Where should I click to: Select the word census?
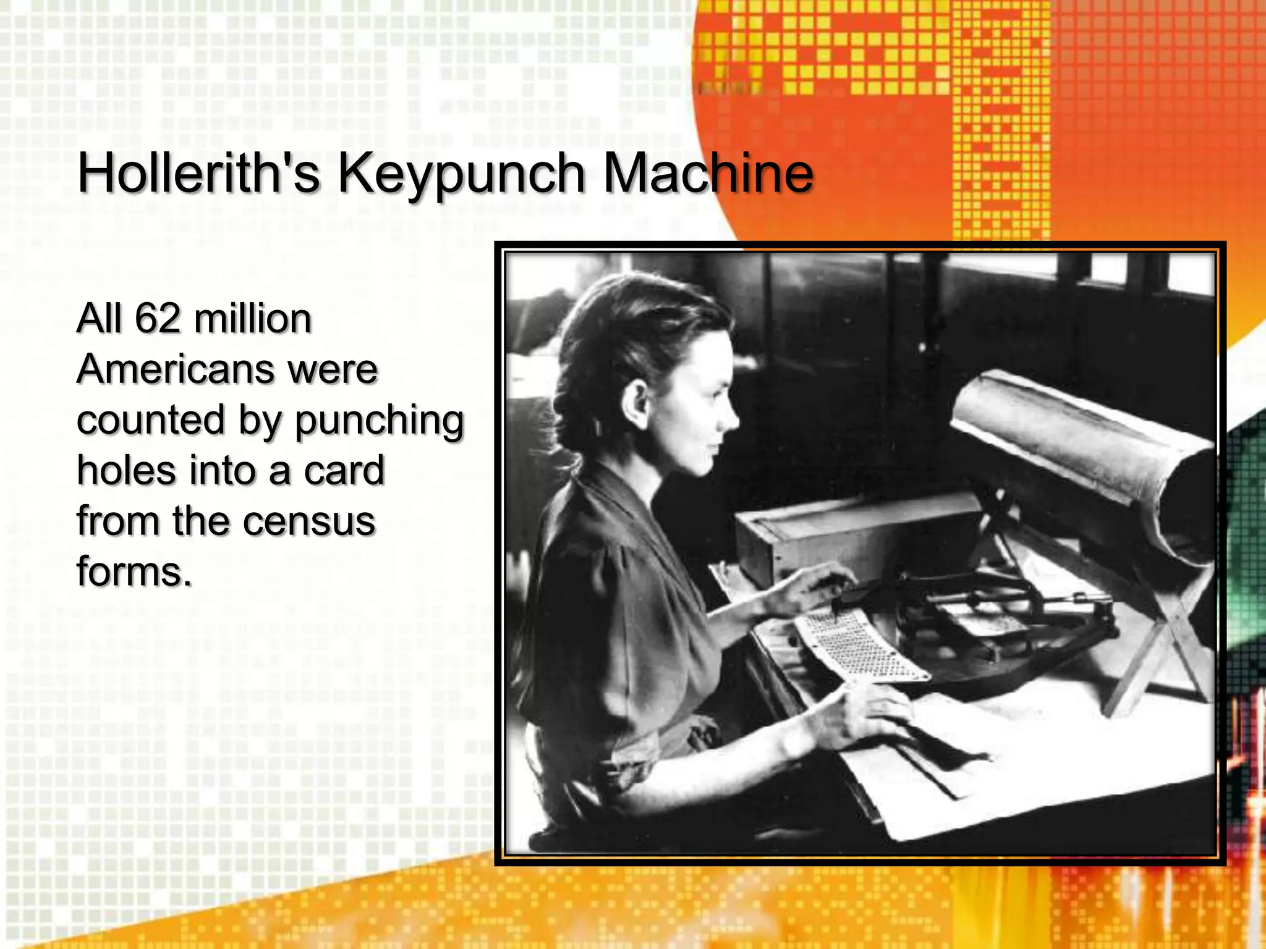tap(309, 521)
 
